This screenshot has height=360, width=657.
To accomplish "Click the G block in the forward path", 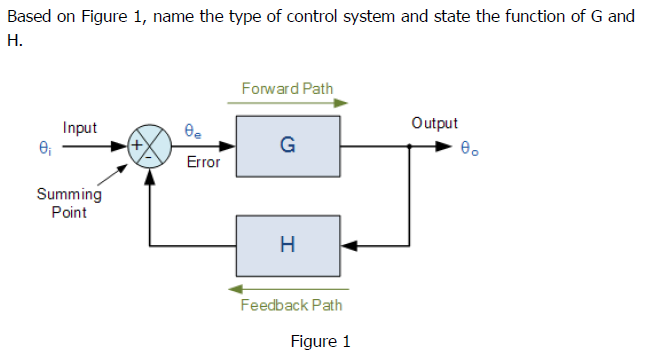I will tap(287, 145).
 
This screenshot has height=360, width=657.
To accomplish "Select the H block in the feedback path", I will tap(287, 245).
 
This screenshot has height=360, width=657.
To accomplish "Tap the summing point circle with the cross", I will tap(149, 145).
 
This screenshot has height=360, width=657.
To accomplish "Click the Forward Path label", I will tap(287, 88).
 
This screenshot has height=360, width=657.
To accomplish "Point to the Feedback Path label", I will tap(291, 305).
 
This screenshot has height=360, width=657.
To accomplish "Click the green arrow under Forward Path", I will tap(293, 102).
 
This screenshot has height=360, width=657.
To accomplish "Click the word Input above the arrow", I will tap(79, 128).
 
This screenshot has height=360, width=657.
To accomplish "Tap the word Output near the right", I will tap(434, 124).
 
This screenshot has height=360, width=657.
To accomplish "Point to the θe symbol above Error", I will tap(194, 129).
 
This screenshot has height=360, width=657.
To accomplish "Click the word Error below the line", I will tap(203, 162).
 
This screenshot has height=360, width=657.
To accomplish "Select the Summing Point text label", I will tap(68, 203).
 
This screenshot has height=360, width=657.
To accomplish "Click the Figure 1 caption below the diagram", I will tap(320, 342).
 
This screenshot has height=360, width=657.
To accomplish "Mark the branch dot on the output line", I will tap(409, 145).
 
